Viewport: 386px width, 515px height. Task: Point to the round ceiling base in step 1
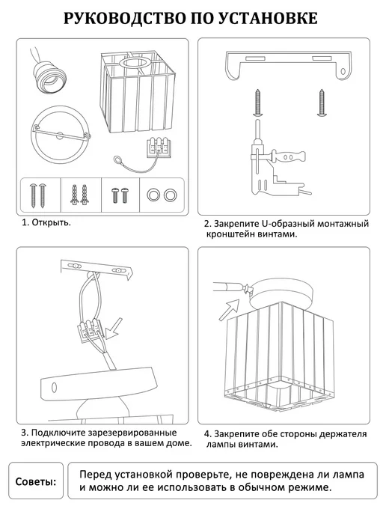(x=61, y=135)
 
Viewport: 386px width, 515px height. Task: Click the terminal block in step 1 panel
(x=159, y=148)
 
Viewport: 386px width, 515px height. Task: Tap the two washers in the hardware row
(x=162, y=195)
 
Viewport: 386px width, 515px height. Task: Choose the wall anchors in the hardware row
(x=80, y=195)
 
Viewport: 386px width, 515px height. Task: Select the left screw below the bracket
(x=258, y=103)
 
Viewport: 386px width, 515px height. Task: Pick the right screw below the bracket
(x=322, y=103)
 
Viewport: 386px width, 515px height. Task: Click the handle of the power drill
(x=289, y=156)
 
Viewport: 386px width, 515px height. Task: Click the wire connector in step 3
(x=90, y=330)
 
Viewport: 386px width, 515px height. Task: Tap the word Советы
(x=36, y=482)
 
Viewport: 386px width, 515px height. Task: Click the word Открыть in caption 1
(x=51, y=222)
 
